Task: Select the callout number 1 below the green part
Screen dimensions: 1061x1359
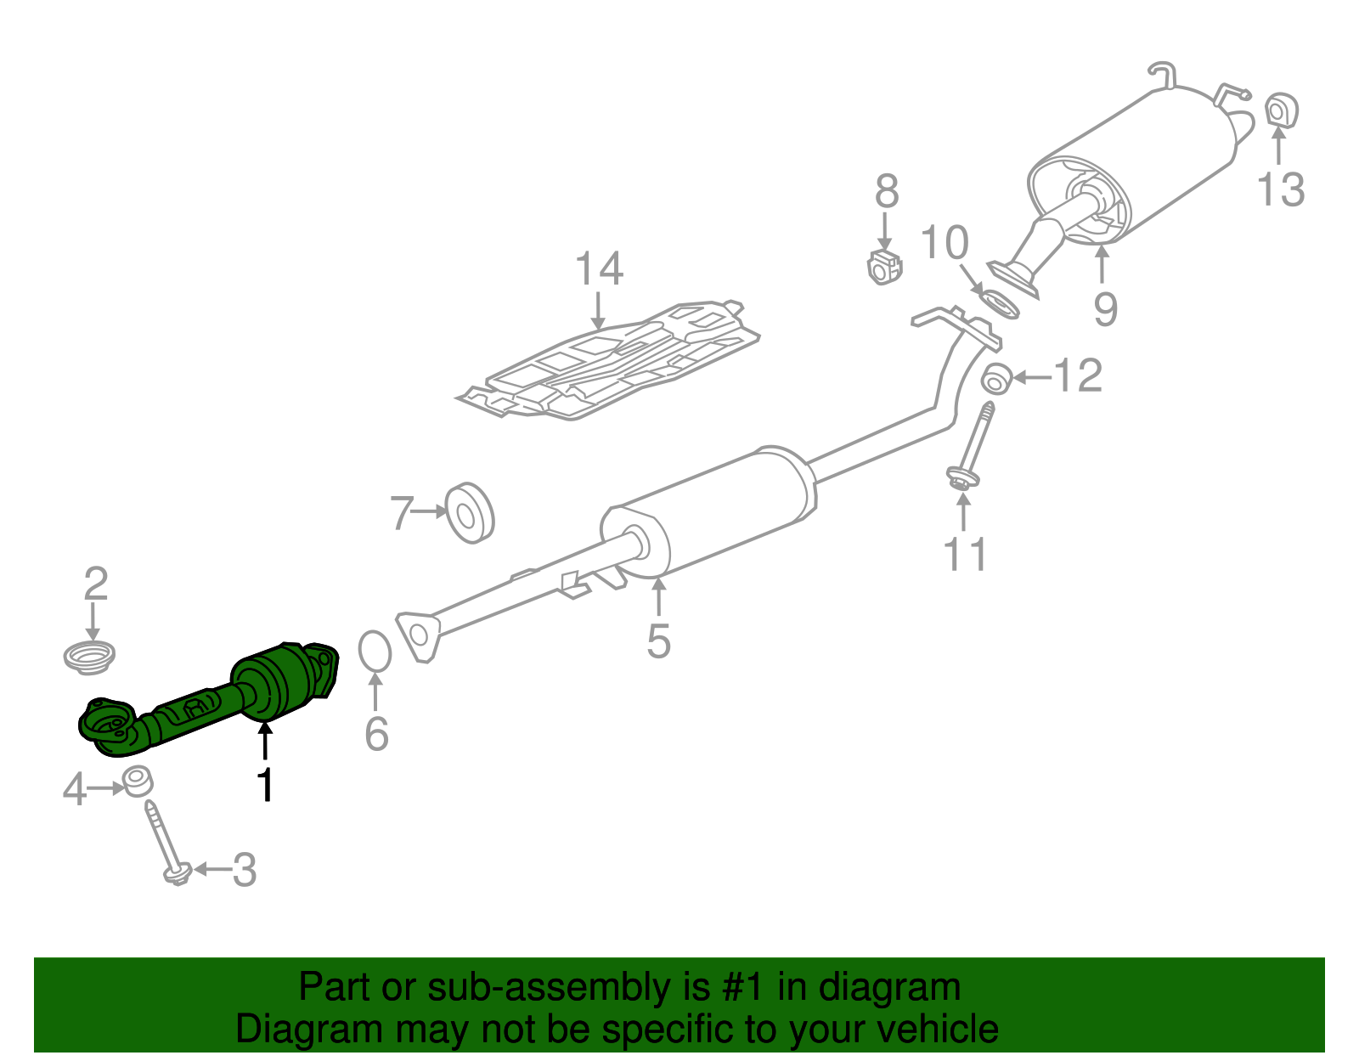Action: pyautogui.click(x=266, y=785)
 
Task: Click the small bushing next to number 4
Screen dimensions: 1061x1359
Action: pyautogui.click(x=137, y=781)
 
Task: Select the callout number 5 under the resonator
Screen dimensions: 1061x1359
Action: pyautogui.click(x=658, y=641)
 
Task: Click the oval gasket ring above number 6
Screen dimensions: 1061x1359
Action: pyautogui.click(x=375, y=652)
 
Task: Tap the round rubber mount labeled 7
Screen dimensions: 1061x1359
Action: pyautogui.click(x=470, y=513)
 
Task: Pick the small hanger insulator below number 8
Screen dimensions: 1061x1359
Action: pyautogui.click(x=884, y=268)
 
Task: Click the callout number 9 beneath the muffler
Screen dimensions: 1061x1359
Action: pyautogui.click(x=1105, y=308)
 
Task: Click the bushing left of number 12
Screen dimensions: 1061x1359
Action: pyautogui.click(x=995, y=379)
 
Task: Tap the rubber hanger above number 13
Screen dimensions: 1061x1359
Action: pyautogui.click(x=1282, y=110)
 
